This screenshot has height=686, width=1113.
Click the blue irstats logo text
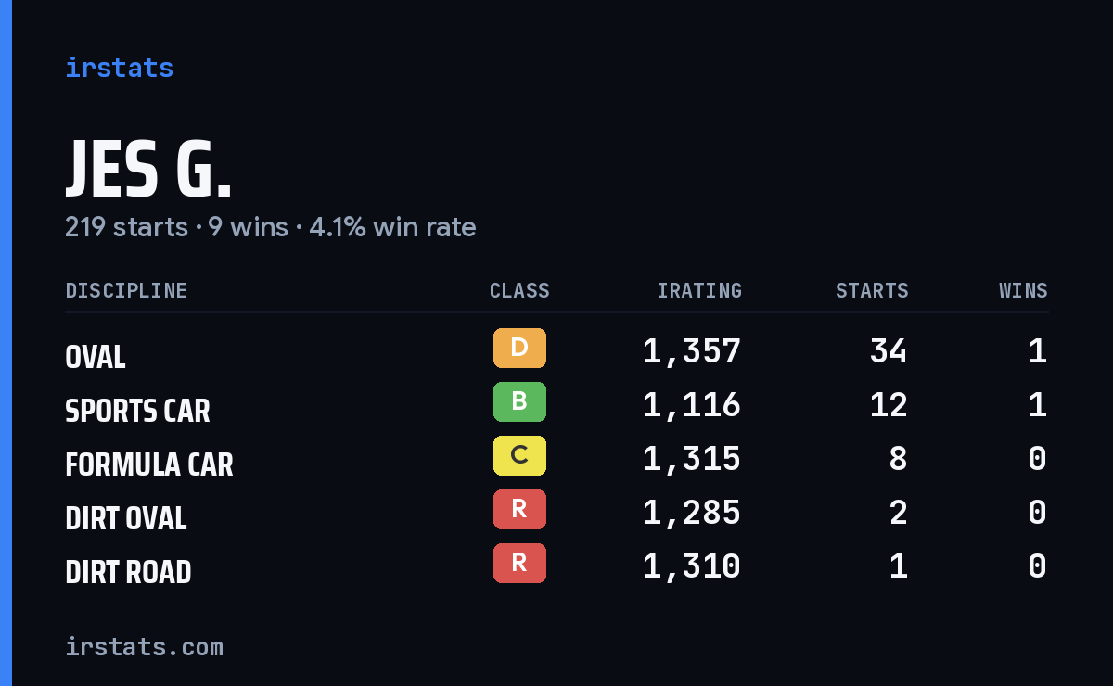click(120, 68)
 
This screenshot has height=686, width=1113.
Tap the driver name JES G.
click(148, 169)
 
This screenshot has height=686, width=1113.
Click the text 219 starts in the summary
click(127, 227)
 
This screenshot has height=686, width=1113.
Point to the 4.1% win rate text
click(392, 227)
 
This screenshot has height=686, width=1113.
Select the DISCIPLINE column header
click(126, 290)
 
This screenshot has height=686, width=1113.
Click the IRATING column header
click(699, 290)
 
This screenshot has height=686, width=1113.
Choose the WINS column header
click(1024, 290)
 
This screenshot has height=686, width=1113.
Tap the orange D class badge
click(519, 348)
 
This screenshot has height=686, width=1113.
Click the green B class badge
click(519, 401)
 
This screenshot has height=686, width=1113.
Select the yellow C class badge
click(519, 455)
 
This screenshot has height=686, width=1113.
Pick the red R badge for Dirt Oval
click(519, 509)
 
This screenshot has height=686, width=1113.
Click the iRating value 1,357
click(692, 351)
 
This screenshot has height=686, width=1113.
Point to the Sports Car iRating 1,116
click(692, 405)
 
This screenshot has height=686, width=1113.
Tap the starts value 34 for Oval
click(889, 351)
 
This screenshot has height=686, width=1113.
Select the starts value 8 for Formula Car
click(899, 459)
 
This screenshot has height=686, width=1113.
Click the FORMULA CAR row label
click(149, 465)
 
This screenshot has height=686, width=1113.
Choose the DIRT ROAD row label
click(128, 572)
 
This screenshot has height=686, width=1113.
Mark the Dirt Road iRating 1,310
click(692, 566)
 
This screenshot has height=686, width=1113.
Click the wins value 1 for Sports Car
click(1038, 405)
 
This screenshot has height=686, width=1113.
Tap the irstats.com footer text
click(145, 647)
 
